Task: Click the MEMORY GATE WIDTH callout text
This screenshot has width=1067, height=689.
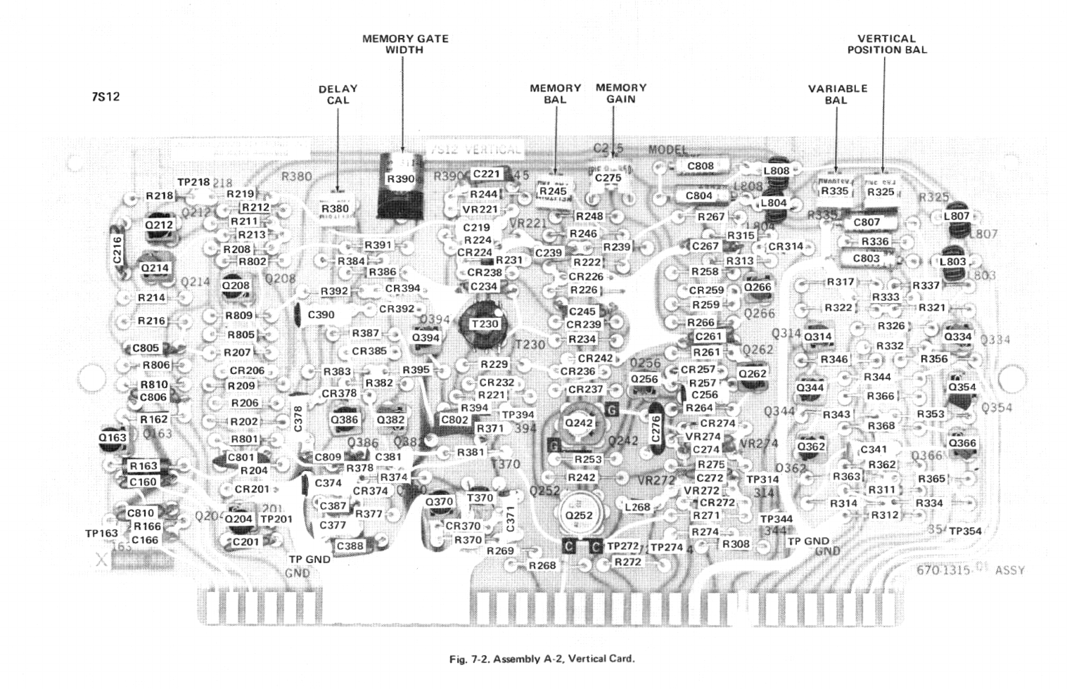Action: click(x=405, y=44)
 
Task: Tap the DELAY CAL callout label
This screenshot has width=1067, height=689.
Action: click(x=338, y=94)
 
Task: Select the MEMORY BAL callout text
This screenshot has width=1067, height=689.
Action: click(x=555, y=94)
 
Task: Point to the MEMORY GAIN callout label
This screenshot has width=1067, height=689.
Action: click(x=620, y=93)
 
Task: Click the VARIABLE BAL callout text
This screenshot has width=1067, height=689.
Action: click(x=837, y=94)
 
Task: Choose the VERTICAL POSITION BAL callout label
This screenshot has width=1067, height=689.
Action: click(x=886, y=44)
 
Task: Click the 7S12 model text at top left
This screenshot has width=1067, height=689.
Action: click(x=106, y=96)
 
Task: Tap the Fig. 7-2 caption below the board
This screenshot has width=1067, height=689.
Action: click(x=542, y=659)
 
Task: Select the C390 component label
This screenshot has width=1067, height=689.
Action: click(x=321, y=314)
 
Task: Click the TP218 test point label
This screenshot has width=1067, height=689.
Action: click(x=193, y=182)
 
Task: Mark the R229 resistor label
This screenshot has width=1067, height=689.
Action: click(x=494, y=364)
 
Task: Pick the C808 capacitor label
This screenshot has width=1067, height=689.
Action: click(x=699, y=167)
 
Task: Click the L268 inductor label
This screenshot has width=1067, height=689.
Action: click(x=637, y=506)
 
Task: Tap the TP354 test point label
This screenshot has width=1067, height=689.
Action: click(x=965, y=531)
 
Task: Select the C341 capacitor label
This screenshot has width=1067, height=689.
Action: click(x=874, y=449)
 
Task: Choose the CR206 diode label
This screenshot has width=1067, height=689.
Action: click(x=247, y=371)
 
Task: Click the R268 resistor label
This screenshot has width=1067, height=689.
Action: click(x=542, y=565)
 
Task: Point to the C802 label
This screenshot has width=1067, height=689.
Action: click(x=454, y=420)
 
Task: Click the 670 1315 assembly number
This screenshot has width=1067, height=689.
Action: click(x=945, y=570)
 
